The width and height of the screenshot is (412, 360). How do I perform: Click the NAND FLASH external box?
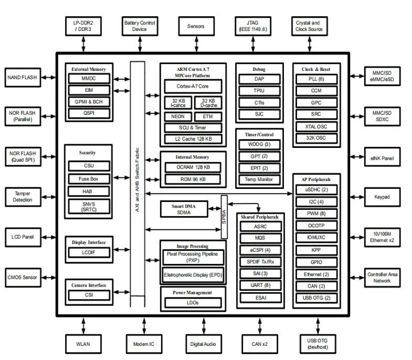(22, 78)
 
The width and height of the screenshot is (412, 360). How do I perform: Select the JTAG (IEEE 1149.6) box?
(251, 26)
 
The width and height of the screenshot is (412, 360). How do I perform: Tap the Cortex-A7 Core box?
(193, 86)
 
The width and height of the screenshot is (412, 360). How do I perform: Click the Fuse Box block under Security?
(89, 178)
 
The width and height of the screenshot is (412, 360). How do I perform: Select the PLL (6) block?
(316, 79)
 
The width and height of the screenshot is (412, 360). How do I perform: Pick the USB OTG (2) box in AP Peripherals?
(316, 298)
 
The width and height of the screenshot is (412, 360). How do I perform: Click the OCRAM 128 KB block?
(193, 167)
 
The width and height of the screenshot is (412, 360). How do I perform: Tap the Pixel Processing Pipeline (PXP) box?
(193, 257)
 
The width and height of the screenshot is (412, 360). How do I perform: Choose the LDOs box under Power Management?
(193, 303)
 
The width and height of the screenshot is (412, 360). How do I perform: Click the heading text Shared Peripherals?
(259, 217)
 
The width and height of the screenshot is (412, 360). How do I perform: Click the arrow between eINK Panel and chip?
(357, 157)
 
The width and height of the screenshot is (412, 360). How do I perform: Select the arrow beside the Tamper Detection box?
(47, 197)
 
